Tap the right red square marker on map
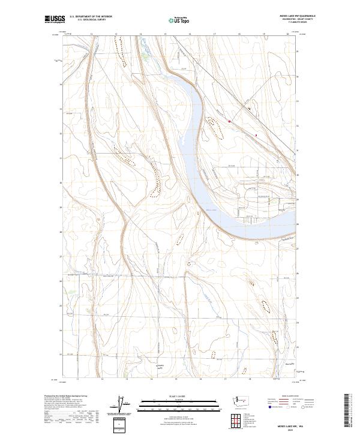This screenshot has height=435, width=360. point(256,135)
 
